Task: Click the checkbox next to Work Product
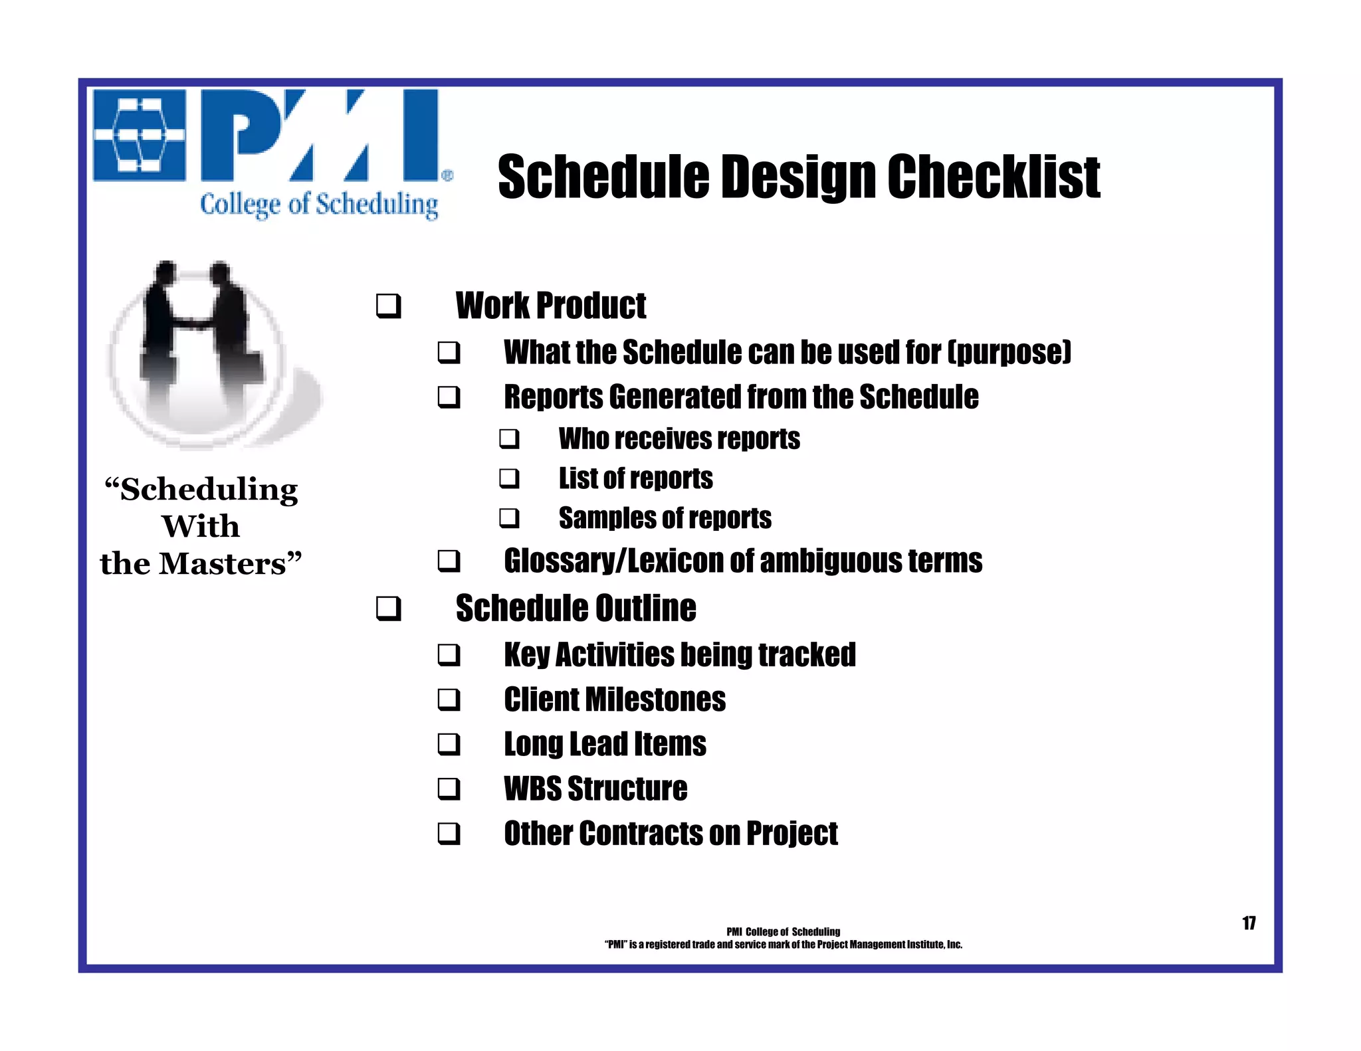click(x=389, y=306)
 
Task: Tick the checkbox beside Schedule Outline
click(x=389, y=609)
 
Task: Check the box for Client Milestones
click(x=449, y=700)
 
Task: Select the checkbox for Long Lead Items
click(x=449, y=744)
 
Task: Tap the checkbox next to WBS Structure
click(x=449, y=789)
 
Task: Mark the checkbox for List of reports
click(x=510, y=478)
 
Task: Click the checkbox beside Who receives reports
click(x=510, y=439)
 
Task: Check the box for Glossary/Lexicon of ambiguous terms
click(x=449, y=561)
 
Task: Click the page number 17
click(x=1249, y=923)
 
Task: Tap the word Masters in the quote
click(x=223, y=564)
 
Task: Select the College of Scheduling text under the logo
click(x=319, y=205)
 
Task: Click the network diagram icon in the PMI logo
click(x=139, y=135)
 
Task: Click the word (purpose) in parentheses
click(x=1009, y=352)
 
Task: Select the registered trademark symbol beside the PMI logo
click(x=447, y=176)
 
